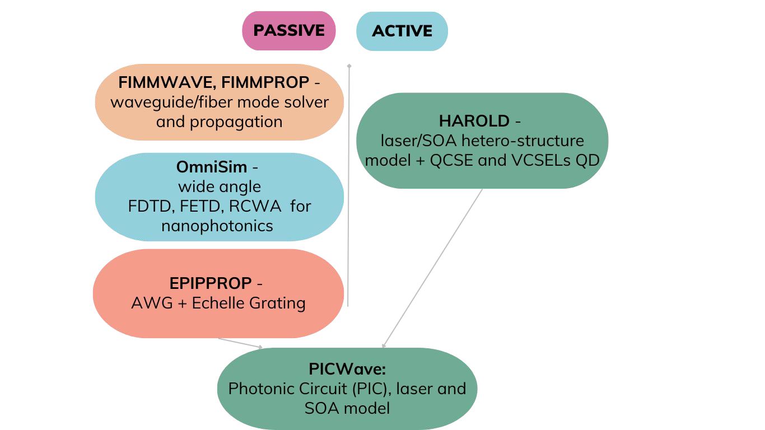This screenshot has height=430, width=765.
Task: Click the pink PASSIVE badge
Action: (x=288, y=31)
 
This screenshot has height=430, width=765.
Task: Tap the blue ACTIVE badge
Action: (x=402, y=31)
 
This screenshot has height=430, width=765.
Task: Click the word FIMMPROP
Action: (x=265, y=82)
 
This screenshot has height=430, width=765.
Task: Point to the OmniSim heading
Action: (x=211, y=167)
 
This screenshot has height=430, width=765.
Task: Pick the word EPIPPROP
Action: (x=211, y=283)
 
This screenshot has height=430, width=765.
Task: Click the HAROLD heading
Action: (x=474, y=121)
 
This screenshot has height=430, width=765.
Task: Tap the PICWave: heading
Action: (x=347, y=369)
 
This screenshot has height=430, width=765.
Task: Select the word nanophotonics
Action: (x=217, y=226)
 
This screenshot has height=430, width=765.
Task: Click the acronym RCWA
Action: (x=255, y=206)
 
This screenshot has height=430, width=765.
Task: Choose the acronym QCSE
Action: (x=451, y=161)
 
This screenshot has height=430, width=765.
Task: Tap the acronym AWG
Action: (x=152, y=303)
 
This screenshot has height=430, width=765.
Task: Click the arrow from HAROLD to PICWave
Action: (x=432, y=268)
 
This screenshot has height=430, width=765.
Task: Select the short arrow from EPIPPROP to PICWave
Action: (x=241, y=343)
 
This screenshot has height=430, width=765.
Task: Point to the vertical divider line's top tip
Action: (x=349, y=65)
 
